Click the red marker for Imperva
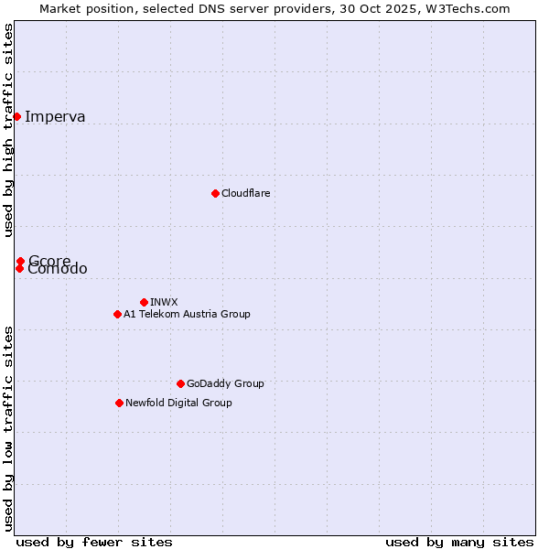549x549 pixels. coord(17,116)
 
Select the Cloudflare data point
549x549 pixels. coord(215,193)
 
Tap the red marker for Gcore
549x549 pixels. coord(20,261)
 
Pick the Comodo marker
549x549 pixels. coord(19,268)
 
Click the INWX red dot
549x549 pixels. coord(144,302)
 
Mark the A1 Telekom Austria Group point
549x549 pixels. coord(117,314)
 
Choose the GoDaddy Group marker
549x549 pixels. coord(180,383)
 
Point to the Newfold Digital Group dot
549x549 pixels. coord(119,403)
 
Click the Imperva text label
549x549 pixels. coord(55,116)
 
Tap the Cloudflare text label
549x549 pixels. coord(245,193)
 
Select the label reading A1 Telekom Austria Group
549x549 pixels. coord(187,314)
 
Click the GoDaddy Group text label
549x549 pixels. coord(225,383)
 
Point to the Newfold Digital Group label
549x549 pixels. coord(178,403)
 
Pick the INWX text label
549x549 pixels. coord(164,302)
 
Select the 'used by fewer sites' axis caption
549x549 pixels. coord(94,542)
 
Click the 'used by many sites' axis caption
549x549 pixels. coord(459,542)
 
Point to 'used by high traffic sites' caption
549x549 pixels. coord(8,130)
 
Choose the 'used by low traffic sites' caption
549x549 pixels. coord(8,427)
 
